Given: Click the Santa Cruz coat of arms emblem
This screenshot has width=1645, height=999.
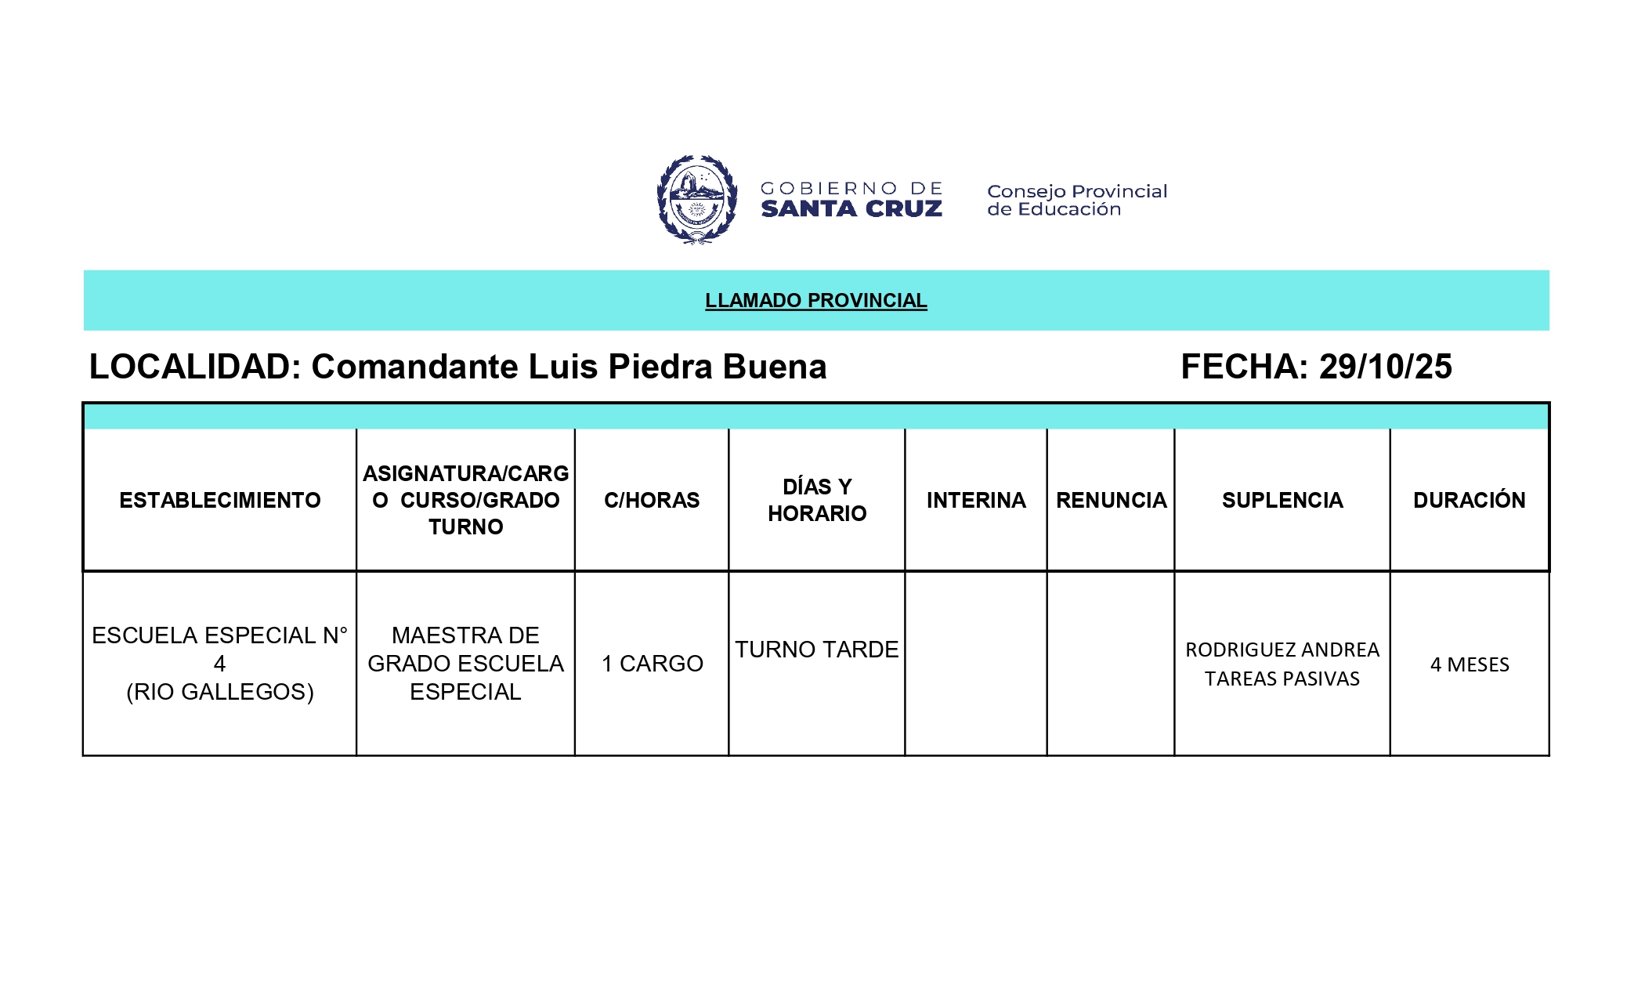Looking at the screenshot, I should click(696, 200).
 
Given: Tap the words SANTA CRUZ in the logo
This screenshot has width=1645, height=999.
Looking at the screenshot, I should click(851, 209).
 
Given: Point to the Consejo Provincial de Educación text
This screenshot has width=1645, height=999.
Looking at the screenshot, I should click(1076, 200).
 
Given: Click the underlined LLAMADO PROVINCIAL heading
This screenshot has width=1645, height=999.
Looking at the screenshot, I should click(815, 300).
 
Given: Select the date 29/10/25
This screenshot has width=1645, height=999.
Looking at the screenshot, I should click(1385, 367).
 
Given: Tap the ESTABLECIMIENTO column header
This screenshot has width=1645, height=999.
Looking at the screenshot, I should click(220, 500).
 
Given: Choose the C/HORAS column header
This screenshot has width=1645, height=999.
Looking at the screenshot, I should click(652, 500).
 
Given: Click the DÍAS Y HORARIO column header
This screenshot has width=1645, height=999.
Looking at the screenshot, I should click(817, 500).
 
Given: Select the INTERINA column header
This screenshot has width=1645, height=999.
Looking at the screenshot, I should click(976, 500).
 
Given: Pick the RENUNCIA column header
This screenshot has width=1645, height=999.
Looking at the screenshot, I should click(1111, 500).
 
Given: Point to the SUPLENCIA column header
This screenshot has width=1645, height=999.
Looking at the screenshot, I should click(1282, 500).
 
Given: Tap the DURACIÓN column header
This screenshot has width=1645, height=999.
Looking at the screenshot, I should click(1469, 500).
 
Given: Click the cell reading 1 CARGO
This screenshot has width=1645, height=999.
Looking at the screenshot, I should click(652, 664).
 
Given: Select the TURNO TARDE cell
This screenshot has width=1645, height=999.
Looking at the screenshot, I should click(816, 650).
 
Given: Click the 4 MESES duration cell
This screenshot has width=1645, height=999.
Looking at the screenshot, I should click(1470, 664).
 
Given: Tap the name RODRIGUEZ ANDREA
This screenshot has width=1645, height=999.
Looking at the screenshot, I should click(1282, 650).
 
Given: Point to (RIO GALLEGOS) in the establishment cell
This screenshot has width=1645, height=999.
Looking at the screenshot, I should click(220, 692).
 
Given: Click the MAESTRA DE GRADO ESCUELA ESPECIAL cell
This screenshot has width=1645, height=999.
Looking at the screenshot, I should click(465, 664).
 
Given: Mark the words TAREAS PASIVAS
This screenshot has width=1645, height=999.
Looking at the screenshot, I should click(1282, 679).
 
